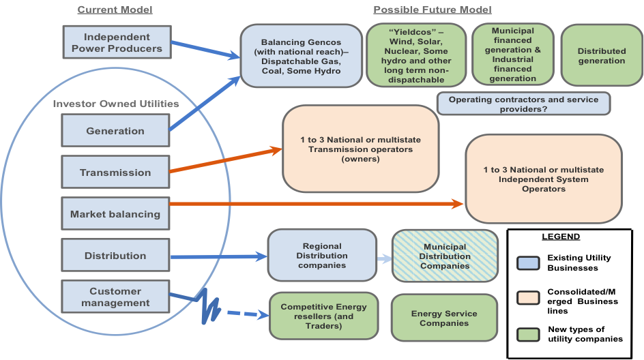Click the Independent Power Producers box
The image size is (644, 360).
(x=116, y=42)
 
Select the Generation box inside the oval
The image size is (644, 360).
(x=115, y=131)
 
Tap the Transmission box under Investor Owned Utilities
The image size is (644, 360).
(x=115, y=172)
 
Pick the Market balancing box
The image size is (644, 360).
(x=115, y=214)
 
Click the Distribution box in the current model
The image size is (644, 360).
(x=115, y=256)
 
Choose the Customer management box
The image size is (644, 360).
(x=115, y=297)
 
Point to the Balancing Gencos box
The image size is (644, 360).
(x=301, y=57)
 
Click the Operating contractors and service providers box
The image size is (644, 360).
(x=523, y=104)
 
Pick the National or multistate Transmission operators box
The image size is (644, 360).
(x=360, y=149)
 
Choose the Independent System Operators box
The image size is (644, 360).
(x=543, y=179)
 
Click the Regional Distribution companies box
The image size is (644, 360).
(x=322, y=256)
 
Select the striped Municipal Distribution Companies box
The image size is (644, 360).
(x=445, y=256)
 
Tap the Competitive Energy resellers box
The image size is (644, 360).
(x=323, y=316)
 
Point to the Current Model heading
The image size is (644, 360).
(x=115, y=10)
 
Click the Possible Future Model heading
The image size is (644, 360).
(x=432, y=10)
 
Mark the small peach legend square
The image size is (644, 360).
(x=528, y=298)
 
